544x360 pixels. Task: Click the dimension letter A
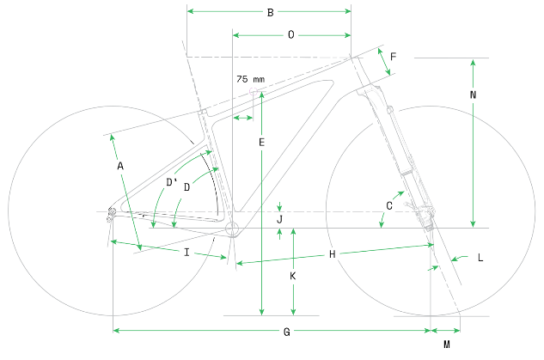pyautogui.click(x=120, y=164)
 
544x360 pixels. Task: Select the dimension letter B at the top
pyautogui.click(x=269, y=12)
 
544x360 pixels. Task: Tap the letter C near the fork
pyautogui.click(x=389, y=205)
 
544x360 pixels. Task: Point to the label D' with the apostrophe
pyautogui.click(x=172, y=182)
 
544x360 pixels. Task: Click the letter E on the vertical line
pyautogui.click(x=261, y=142)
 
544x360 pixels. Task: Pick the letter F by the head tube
pyautogui.click(x=393, y=57)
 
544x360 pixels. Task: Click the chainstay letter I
pyautogui.click(x=186, y=252)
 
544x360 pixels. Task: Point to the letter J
pyautogui.click(x=279, y=220)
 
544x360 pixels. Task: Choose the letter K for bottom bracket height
pyautogui.click(x=293, y=277)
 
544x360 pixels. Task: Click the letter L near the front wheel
pyautogui.click(x=480, y=257)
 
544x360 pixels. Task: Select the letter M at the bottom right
pyautogui.click(x=446, y=345)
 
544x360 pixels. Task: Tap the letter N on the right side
pyautogui.click(x=474, y=95)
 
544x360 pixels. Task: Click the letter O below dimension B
pyautogui.click(x=290, y=35)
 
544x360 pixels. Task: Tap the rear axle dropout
pyautogui.click(x=112, y=213)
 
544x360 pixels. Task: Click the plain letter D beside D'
pyautogui.click(x=186, y=186)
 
